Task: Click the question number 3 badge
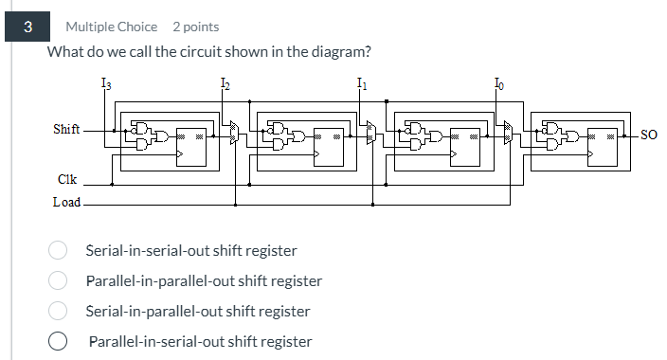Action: [28, 27]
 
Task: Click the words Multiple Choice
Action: [111, 27]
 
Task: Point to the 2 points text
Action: [195, 27]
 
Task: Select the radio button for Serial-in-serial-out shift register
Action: [58, 251]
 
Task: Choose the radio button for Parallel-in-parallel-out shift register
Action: [58, 281]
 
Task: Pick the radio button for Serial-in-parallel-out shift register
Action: [58, 311]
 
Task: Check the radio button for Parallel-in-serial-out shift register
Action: [58, 341]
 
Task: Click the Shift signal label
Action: [66, 129]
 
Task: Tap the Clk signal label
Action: [66, 179]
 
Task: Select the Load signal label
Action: [66, 203]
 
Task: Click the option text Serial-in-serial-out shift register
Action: [190, 251]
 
